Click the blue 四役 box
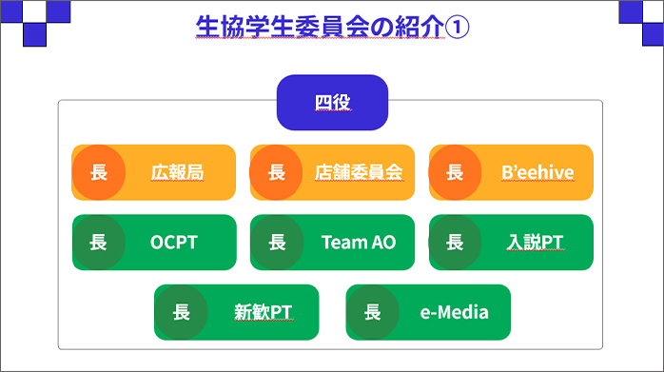coord(332,102)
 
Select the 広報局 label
coord(177,172)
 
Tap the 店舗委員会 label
coord(359,172)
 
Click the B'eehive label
coord(537,172)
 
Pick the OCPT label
coord(173,242)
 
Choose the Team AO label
coord(359,242)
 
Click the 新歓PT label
coord(263,311)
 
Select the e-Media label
coord(454,311)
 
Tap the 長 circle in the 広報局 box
coord(98,172)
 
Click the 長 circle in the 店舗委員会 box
coord(277,172)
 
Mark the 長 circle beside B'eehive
coord(456,172)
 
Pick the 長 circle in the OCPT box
coord(98,242)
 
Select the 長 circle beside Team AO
coord(277,242)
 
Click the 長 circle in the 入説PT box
coord(456,242)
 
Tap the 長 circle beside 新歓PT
coord(181,311)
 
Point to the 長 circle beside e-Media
coord(372,311)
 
